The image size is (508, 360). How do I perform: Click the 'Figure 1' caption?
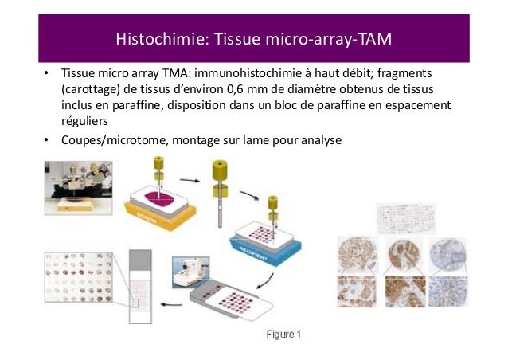click(x=283, y=333)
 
